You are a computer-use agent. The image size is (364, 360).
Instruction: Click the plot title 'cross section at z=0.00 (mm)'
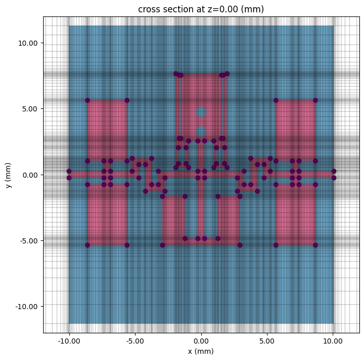click(201, 9)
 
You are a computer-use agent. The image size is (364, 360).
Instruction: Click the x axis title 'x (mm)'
click(201, 351)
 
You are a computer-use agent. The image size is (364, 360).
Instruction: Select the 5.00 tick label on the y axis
click(31, 109)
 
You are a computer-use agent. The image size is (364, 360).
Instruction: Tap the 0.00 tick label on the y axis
click(31, 175)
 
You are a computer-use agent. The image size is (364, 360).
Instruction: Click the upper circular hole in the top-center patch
click(201, 112)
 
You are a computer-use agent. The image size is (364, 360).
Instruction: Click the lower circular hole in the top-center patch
click(201, 131)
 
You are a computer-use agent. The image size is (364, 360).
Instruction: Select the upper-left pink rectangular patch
click(107, 130)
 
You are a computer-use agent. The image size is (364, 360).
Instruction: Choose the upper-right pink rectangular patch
click(295, 130)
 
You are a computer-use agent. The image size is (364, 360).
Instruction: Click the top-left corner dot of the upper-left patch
click(87, 100)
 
